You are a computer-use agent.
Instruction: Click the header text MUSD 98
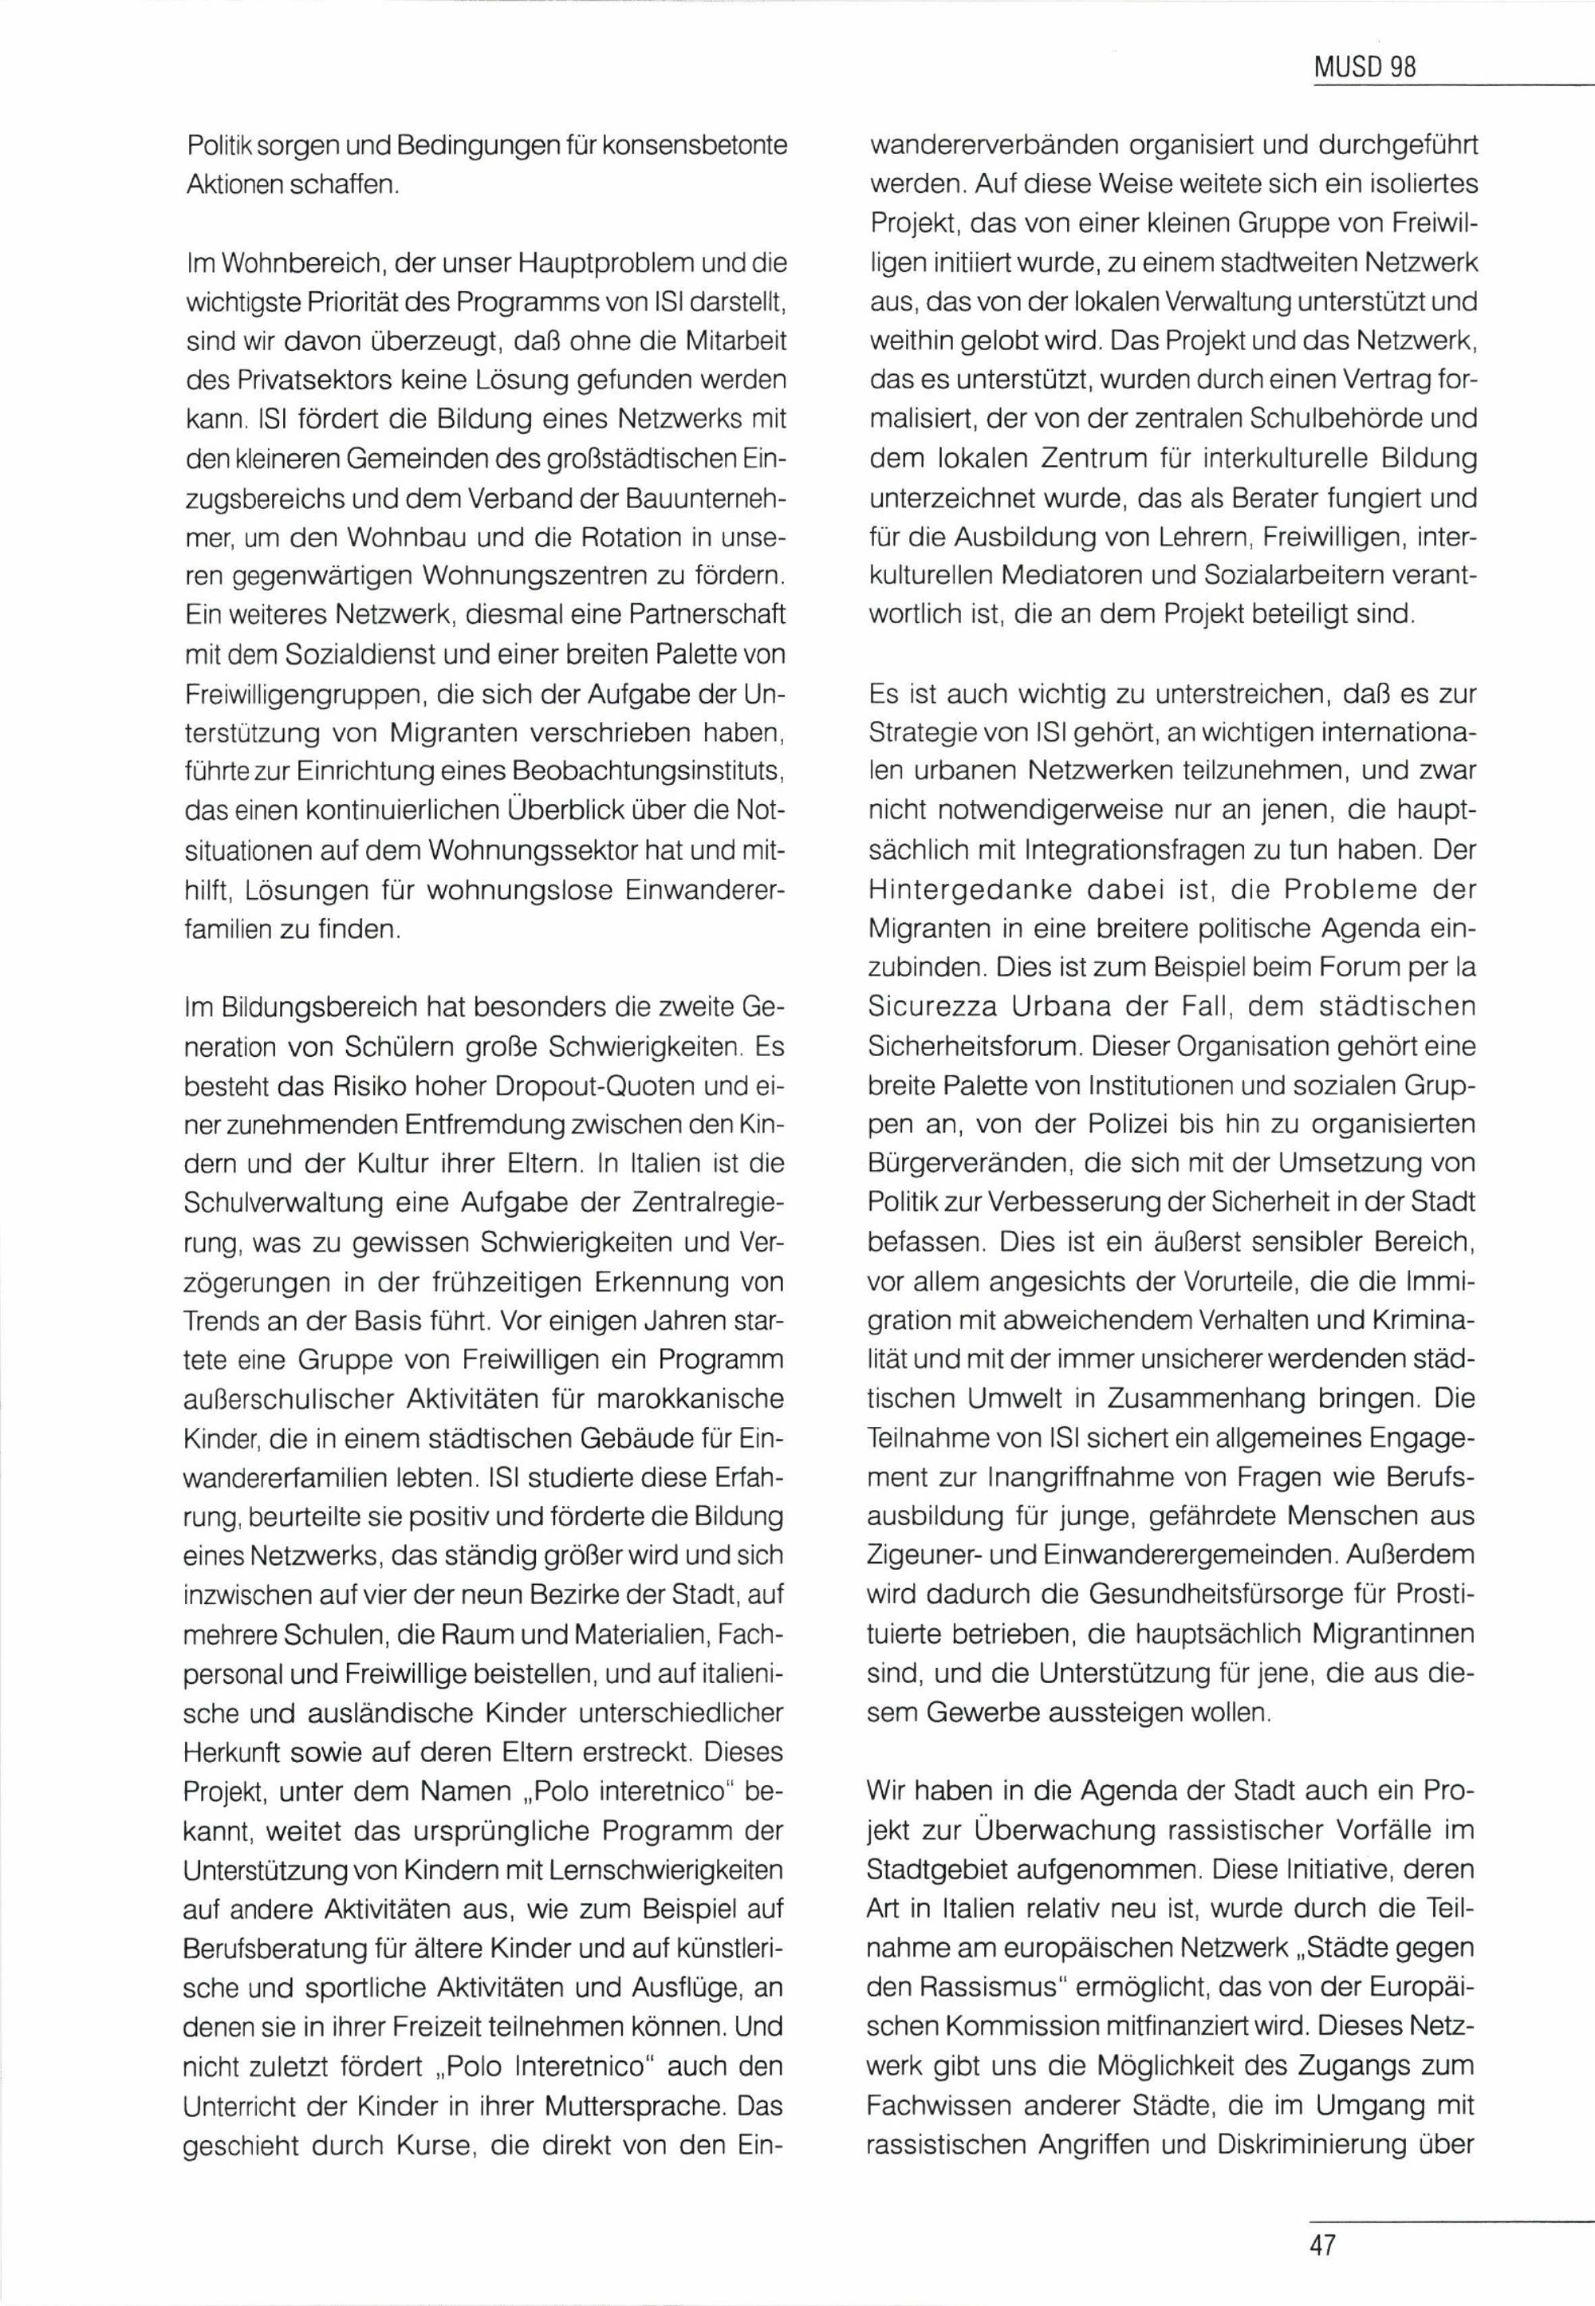coord(1365,68)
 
